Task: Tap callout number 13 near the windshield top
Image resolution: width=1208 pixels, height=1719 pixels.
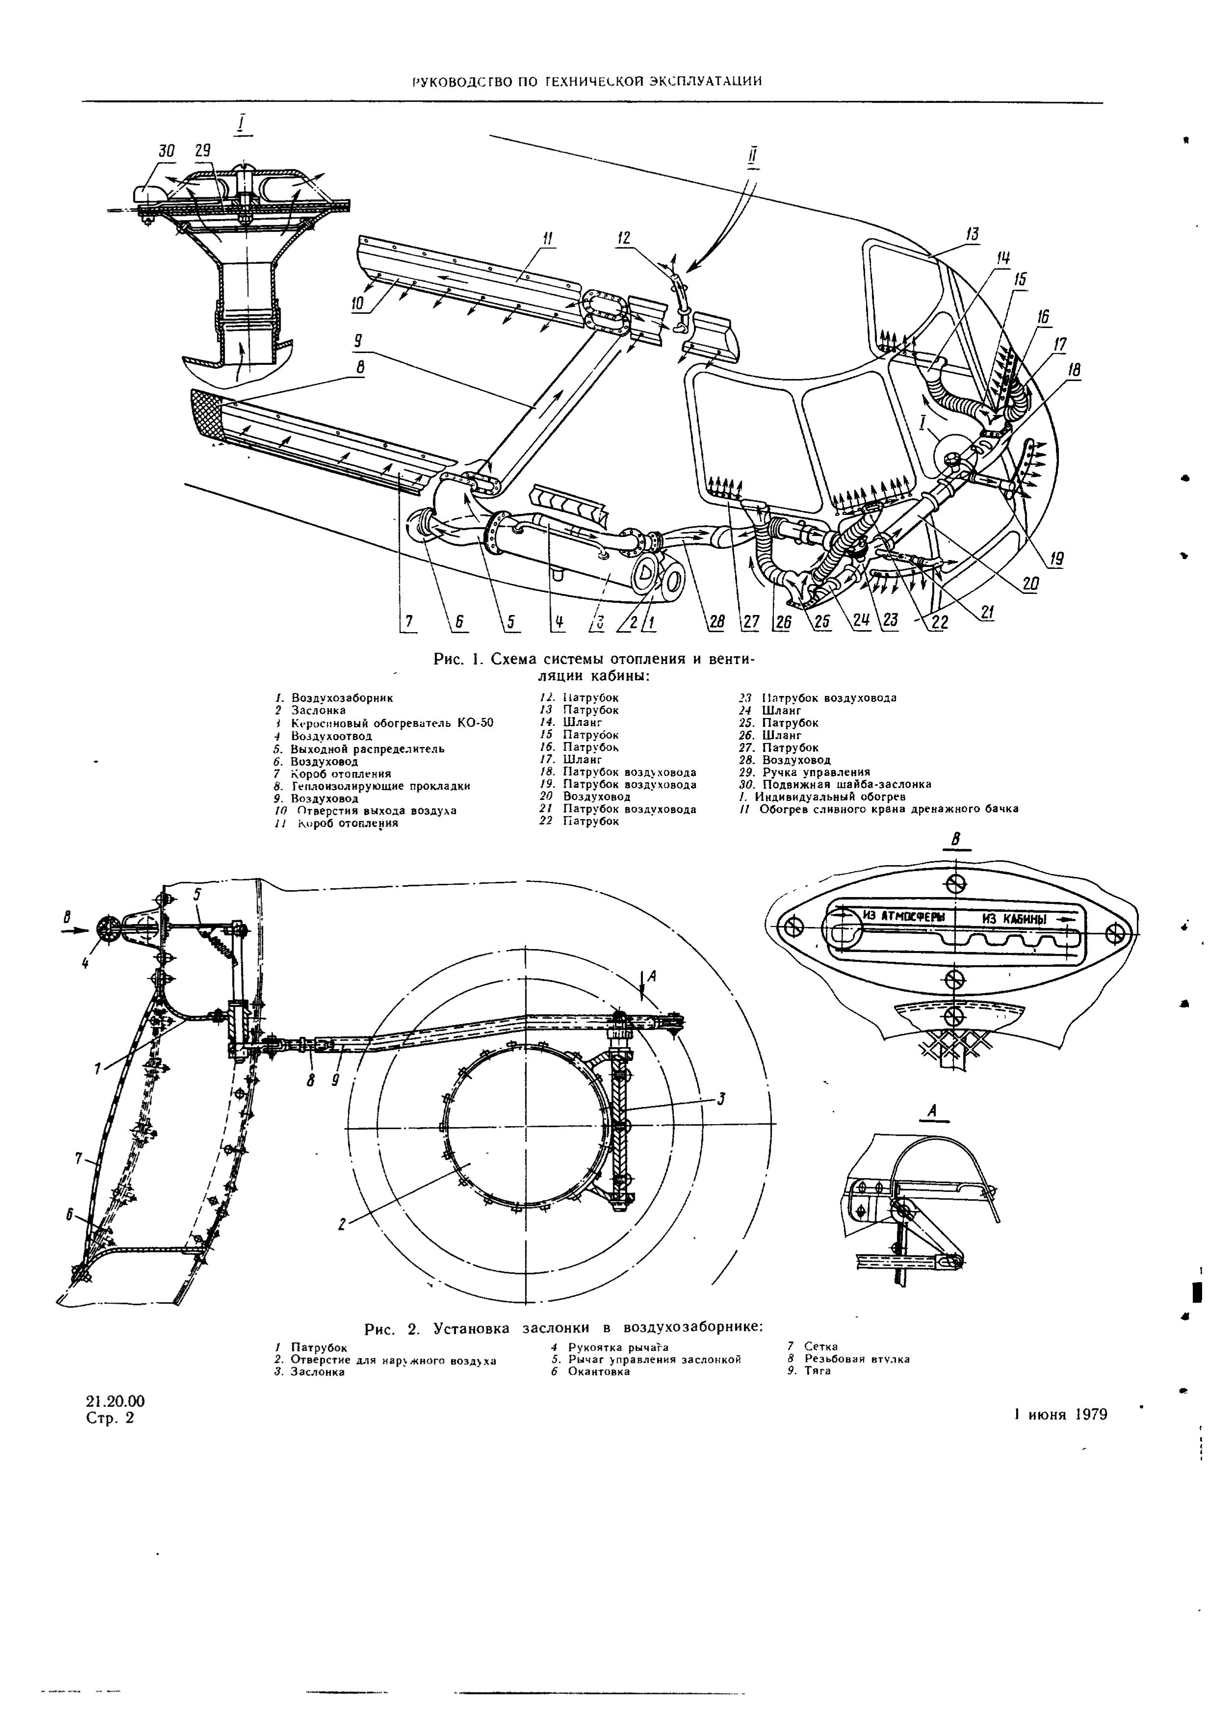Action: (972, 234)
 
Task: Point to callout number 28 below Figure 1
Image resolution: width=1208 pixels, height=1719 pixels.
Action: (716, 621)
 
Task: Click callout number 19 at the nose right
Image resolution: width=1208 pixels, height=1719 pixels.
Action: (1056, 559)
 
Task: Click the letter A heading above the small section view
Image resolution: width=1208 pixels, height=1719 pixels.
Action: (932, 1113)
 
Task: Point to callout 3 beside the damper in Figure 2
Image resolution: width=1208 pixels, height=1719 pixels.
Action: (721, 1098)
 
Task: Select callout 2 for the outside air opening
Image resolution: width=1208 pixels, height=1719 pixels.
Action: (342, 1224)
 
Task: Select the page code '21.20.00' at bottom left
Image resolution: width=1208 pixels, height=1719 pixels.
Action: (115, 1401)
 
